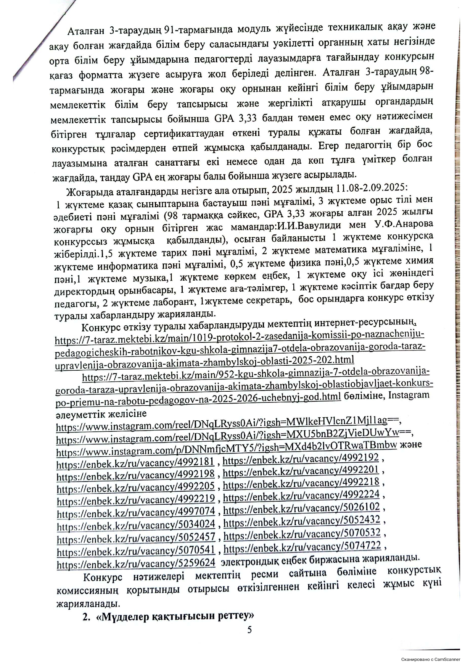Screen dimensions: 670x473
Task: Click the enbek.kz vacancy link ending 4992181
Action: pos(135,463)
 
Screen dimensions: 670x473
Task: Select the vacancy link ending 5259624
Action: pos(136,563)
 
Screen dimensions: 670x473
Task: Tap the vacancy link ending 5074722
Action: pos(302,547)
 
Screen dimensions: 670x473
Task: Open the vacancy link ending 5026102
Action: pos(302,509)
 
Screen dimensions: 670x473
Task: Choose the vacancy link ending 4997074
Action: pos(136,513)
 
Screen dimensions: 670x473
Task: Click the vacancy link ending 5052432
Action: pos(302,521)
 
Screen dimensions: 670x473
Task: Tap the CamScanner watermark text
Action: pos(431,659)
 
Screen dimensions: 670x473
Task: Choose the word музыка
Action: pos(148,278)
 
